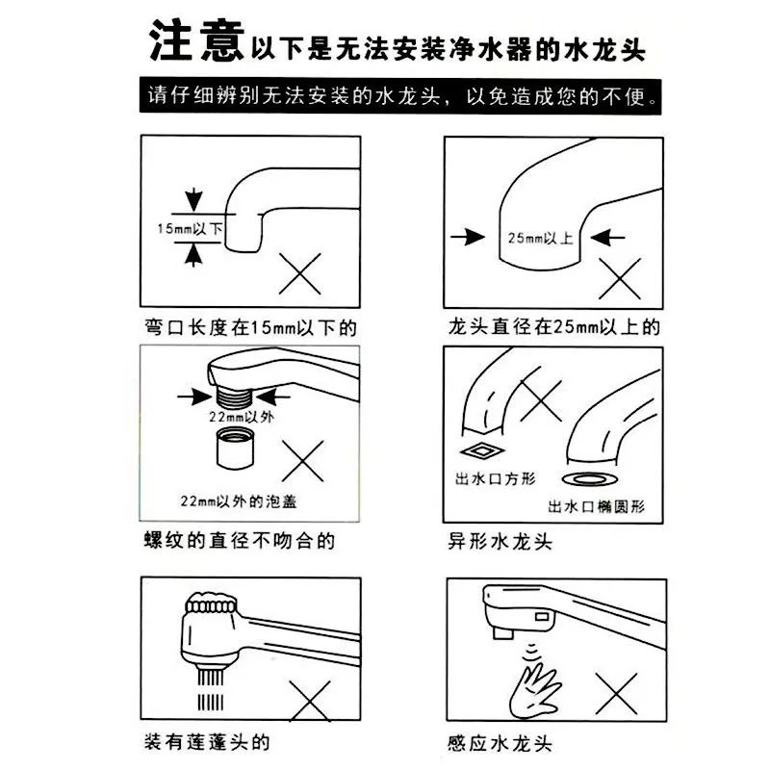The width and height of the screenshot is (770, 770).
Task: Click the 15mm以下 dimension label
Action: point(188,228)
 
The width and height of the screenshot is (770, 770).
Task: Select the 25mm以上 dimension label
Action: point(542,237)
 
